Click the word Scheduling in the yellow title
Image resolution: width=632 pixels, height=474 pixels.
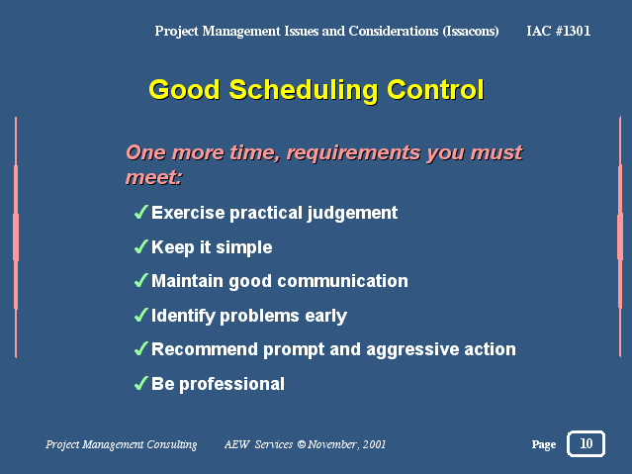304,90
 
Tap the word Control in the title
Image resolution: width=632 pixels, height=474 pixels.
435,89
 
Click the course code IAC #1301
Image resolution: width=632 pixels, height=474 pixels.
559,31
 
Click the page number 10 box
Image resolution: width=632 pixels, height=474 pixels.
586,443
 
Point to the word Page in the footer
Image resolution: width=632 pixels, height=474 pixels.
544,444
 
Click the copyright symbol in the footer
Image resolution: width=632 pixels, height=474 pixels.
302,444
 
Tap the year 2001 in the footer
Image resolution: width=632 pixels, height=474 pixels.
374,444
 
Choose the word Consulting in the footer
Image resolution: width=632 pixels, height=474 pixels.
172,444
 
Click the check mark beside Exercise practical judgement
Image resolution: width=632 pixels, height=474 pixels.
140,212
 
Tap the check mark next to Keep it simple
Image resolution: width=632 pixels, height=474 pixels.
140,246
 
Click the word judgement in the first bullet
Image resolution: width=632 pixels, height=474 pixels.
352,214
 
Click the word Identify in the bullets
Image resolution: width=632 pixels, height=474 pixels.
183,317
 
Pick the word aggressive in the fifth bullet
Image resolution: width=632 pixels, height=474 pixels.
412,350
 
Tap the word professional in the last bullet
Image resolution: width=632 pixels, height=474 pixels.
231,384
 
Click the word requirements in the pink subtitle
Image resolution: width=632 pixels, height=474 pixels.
353,153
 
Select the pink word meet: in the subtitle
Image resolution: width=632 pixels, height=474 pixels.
153,177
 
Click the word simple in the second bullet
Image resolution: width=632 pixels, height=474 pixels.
244,248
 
